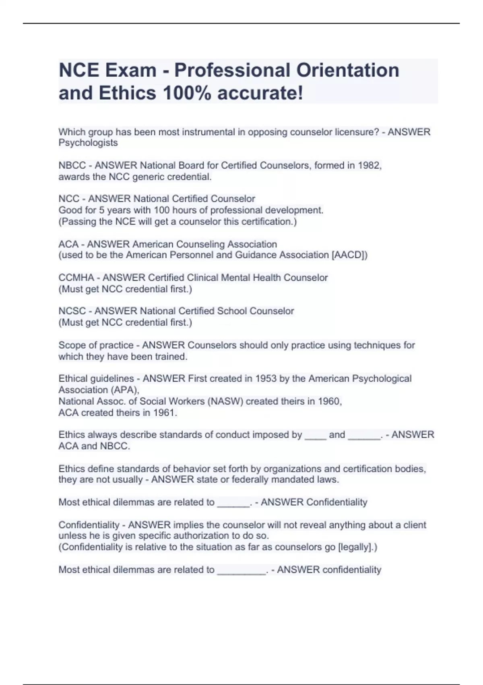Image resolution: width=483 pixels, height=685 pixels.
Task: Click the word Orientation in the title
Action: pos(348,70)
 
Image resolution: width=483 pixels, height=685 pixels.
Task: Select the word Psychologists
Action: pos(88,143)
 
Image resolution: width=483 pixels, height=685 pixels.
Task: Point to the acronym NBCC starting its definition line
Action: pos(72,165)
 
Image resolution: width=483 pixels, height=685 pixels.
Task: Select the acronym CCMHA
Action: pos(76,278)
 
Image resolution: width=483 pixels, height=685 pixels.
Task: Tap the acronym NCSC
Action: pos(72,311)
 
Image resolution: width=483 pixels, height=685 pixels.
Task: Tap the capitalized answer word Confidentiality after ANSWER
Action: pos(336,502)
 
